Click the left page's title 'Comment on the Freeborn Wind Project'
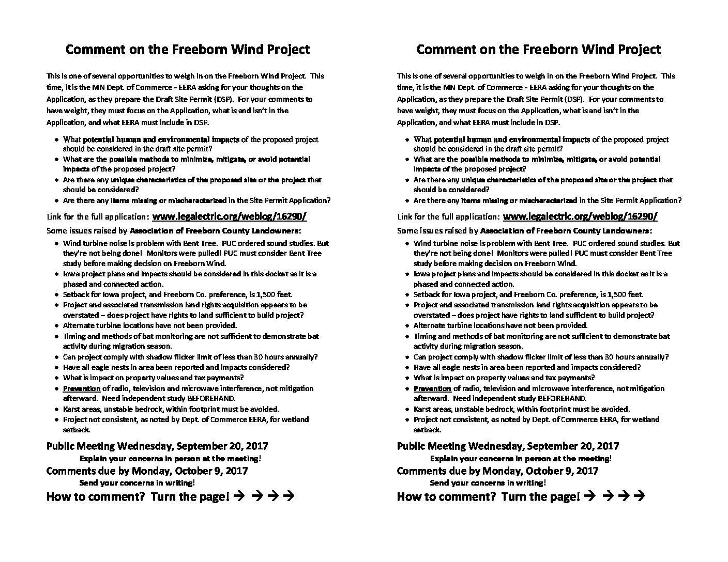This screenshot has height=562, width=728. click(x=188, y=50)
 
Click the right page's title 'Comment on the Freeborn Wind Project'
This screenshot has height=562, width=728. click(x=538, y=50)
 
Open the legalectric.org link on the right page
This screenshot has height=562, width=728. click(x=580, y=216)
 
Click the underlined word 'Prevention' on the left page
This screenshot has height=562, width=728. click(x=82, y=388)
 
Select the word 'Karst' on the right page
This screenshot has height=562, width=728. click(x=423, y=409)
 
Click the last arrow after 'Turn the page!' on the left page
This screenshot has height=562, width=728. click(x=290, y=497)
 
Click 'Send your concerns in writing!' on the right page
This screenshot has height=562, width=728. click(x=488, y=483)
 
